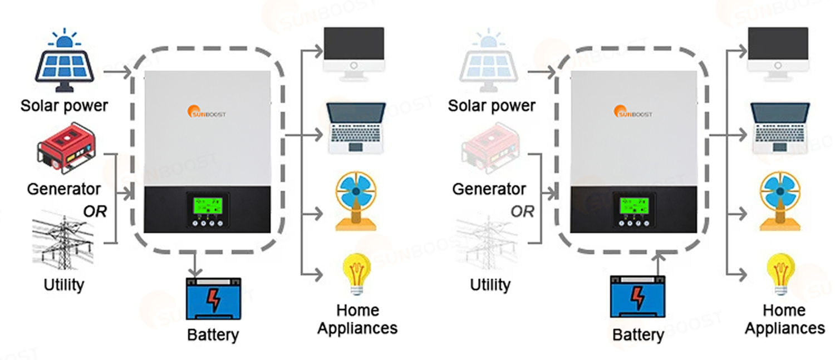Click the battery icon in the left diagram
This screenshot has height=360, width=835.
coord(213,299)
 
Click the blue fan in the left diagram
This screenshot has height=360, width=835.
coord(356,201)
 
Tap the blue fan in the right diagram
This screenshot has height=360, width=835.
coord(782,201)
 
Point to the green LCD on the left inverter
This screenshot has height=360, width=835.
coord(204,205)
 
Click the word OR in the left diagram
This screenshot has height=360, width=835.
coord(95,211)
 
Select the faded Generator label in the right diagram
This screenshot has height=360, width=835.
coord(489,189)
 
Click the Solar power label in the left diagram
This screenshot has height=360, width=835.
coord(64,105)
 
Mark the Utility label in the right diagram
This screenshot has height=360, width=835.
coord(490,285)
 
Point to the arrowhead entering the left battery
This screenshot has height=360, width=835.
coord(194,272)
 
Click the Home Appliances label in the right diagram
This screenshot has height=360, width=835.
coord(784,319)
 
